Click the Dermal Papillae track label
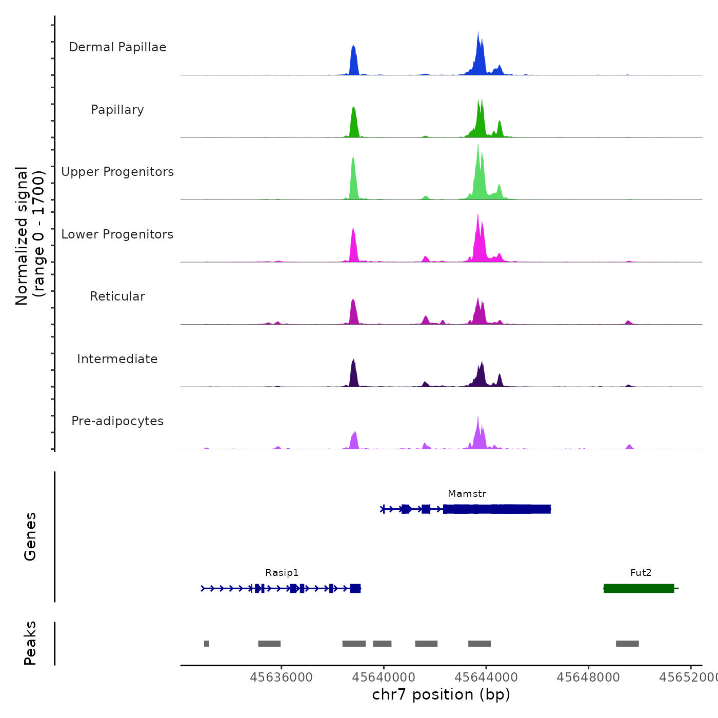point(117,47)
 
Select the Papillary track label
point(117,110)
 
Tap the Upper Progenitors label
point(117,172)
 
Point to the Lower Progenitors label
point(117,234)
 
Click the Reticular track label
point(117,296)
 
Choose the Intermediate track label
point(117,359)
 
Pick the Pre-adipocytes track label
point(117,421)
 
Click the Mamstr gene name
point(467,494)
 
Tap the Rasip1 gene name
point(282,573)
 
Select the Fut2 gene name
point(641,573)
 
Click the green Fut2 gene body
point(639,588)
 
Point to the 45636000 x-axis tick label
point(281,677)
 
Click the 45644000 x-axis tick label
point(486,677)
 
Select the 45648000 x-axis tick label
point(588,677)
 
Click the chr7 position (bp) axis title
point(441,694)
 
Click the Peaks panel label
point(30,643)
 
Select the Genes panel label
point(30,536)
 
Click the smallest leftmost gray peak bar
point(206,644)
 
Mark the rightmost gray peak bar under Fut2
point(627,644)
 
